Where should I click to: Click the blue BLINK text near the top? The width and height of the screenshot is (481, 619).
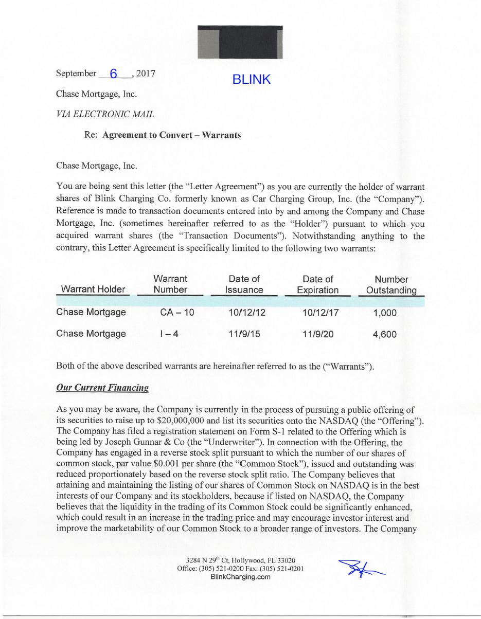(251, 79)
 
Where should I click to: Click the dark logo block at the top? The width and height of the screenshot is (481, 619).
(240, 42)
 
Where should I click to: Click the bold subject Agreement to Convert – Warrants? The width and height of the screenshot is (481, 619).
(171, 135)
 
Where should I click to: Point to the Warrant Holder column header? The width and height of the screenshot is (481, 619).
(93, 289)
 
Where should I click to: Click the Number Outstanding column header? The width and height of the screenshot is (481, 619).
(391, 285)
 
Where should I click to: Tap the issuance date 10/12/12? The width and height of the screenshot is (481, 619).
(247, 313)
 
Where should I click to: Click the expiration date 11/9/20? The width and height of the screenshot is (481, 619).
(318, 334)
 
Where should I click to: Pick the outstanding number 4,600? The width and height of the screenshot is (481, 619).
(384, 334)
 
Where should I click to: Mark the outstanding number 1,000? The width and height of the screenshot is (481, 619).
(384, 313)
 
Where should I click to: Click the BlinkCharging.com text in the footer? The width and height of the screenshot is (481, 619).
(241, 577)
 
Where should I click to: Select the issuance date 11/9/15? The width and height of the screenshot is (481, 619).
(244, 334)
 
